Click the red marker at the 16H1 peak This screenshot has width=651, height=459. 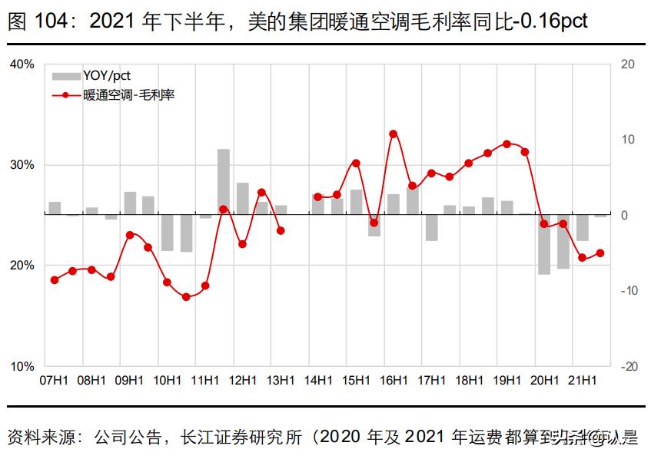click(393, 134)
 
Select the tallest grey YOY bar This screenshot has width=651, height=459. click(224, 182)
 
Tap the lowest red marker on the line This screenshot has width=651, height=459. click(186, 296)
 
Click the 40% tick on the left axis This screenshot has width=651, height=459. click(22, 64)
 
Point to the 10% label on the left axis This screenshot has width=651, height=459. click(22, 366)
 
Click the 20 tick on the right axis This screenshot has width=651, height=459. click(626, 64)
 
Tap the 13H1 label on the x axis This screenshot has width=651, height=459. click(281, 380)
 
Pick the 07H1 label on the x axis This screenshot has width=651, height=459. click(54, 380)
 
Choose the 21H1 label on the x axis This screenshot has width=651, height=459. click(582, 380)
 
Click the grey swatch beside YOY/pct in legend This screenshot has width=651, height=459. click(65, 76)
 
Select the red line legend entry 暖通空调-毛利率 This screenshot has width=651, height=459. click(123, 96)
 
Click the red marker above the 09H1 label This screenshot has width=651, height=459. click(130, 235)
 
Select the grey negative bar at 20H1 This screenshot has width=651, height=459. click(544, 244)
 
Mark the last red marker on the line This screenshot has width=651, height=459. click(600, 253)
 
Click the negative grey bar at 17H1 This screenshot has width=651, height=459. click(431, 228)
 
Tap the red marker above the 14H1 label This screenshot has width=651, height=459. click(318, 196)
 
